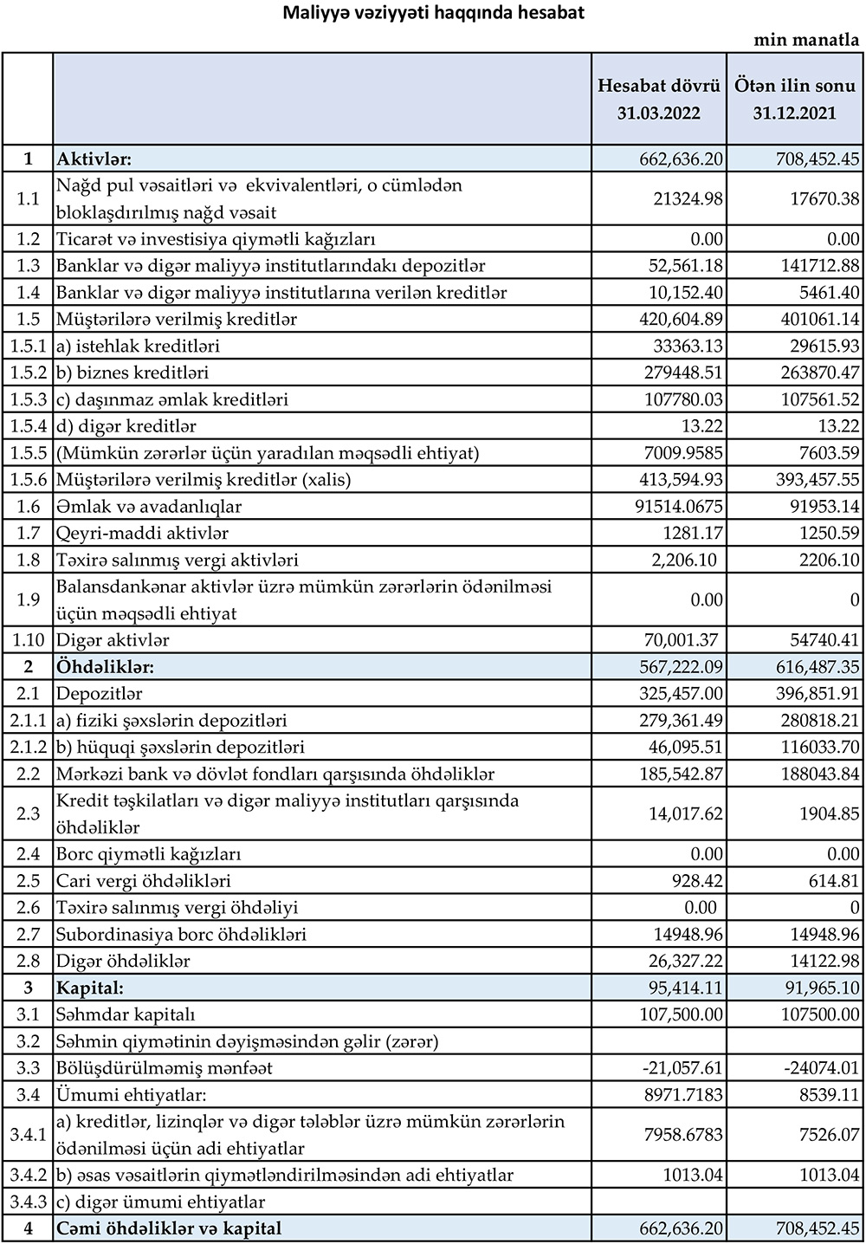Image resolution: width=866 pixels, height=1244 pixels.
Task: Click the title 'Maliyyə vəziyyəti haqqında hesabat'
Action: click(x=434, y=13)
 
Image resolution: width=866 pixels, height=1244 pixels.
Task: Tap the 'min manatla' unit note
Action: click(x=806, y=40)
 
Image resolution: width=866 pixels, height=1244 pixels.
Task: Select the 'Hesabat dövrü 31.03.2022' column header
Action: click(x=658, y=99)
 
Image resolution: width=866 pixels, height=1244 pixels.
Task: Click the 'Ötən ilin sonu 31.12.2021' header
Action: click(x=794, y=99)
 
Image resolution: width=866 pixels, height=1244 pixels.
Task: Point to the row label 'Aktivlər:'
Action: click(x=94, y=159)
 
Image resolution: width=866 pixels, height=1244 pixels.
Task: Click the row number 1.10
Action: click(x=28, y=641)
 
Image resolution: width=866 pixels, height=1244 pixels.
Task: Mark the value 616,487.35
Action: click(x=807, y=668)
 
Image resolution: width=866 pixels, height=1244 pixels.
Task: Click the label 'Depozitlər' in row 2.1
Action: click(x=99, y=695)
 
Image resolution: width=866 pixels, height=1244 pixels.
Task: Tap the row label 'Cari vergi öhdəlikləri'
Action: click(x=144, y=882)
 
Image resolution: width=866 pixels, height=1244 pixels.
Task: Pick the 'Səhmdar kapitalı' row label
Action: click(x=126, y=1015)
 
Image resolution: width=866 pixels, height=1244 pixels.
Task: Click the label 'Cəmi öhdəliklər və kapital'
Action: click(x=169, y=1229)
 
